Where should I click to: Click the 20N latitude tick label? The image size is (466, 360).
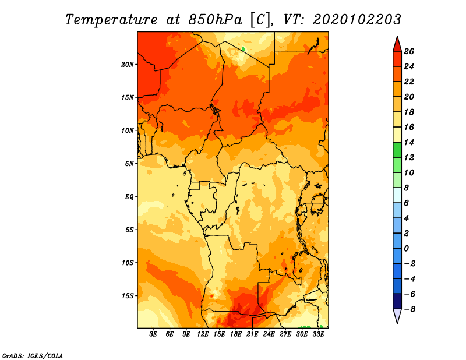128,65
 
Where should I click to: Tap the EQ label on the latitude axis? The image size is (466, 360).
129,197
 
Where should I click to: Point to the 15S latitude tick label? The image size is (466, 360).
128,296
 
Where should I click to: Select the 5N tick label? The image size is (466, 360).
129,164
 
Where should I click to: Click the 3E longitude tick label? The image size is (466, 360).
153,334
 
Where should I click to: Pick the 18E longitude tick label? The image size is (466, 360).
236,334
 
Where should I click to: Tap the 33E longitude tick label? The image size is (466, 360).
318,334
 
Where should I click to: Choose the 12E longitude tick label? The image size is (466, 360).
203,334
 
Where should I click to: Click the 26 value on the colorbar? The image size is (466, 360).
409,51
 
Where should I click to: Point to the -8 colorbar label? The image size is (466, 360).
409,309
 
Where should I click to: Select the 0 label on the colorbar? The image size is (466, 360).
406,249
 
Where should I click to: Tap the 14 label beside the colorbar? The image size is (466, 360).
409,142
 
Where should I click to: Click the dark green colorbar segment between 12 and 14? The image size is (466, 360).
397,150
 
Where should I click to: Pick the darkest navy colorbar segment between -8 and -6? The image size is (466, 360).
397,301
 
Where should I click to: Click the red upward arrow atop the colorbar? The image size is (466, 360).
397,44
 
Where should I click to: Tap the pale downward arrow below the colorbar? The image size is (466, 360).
397,316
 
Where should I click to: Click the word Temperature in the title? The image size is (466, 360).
111,20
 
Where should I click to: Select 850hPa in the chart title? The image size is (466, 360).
215,20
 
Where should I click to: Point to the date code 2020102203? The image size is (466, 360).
357,20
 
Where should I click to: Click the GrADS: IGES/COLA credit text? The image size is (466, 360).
33,356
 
